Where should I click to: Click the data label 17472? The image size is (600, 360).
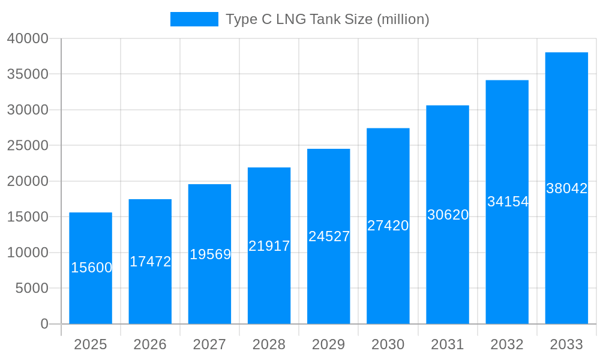[x=151, y=262]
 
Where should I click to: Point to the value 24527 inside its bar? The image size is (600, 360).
[x=329, y=236]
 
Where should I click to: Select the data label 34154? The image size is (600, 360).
[x=508, y=202]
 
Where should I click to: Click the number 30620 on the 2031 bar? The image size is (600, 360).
[x=448, y=215]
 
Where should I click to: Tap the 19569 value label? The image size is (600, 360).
[x=210, y=254]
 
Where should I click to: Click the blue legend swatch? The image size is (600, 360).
[x=194, y=19]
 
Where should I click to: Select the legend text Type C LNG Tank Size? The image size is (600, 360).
[x=327, y=19]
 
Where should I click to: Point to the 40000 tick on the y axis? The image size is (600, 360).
[x=28, y=38]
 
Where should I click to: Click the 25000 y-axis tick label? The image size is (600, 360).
[x=28, y=146]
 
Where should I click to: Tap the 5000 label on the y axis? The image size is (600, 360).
[x=31, y=289]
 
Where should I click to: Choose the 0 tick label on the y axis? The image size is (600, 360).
[x=44, y=324]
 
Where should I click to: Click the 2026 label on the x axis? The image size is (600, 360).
[x=150, y=344]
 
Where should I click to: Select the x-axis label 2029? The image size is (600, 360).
[x=329, y=344]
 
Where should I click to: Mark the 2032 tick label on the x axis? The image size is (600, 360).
[x=507, y=344]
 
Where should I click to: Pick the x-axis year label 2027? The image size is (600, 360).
[x=209, y=344]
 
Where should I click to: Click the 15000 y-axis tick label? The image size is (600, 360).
[x=28, y=217]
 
